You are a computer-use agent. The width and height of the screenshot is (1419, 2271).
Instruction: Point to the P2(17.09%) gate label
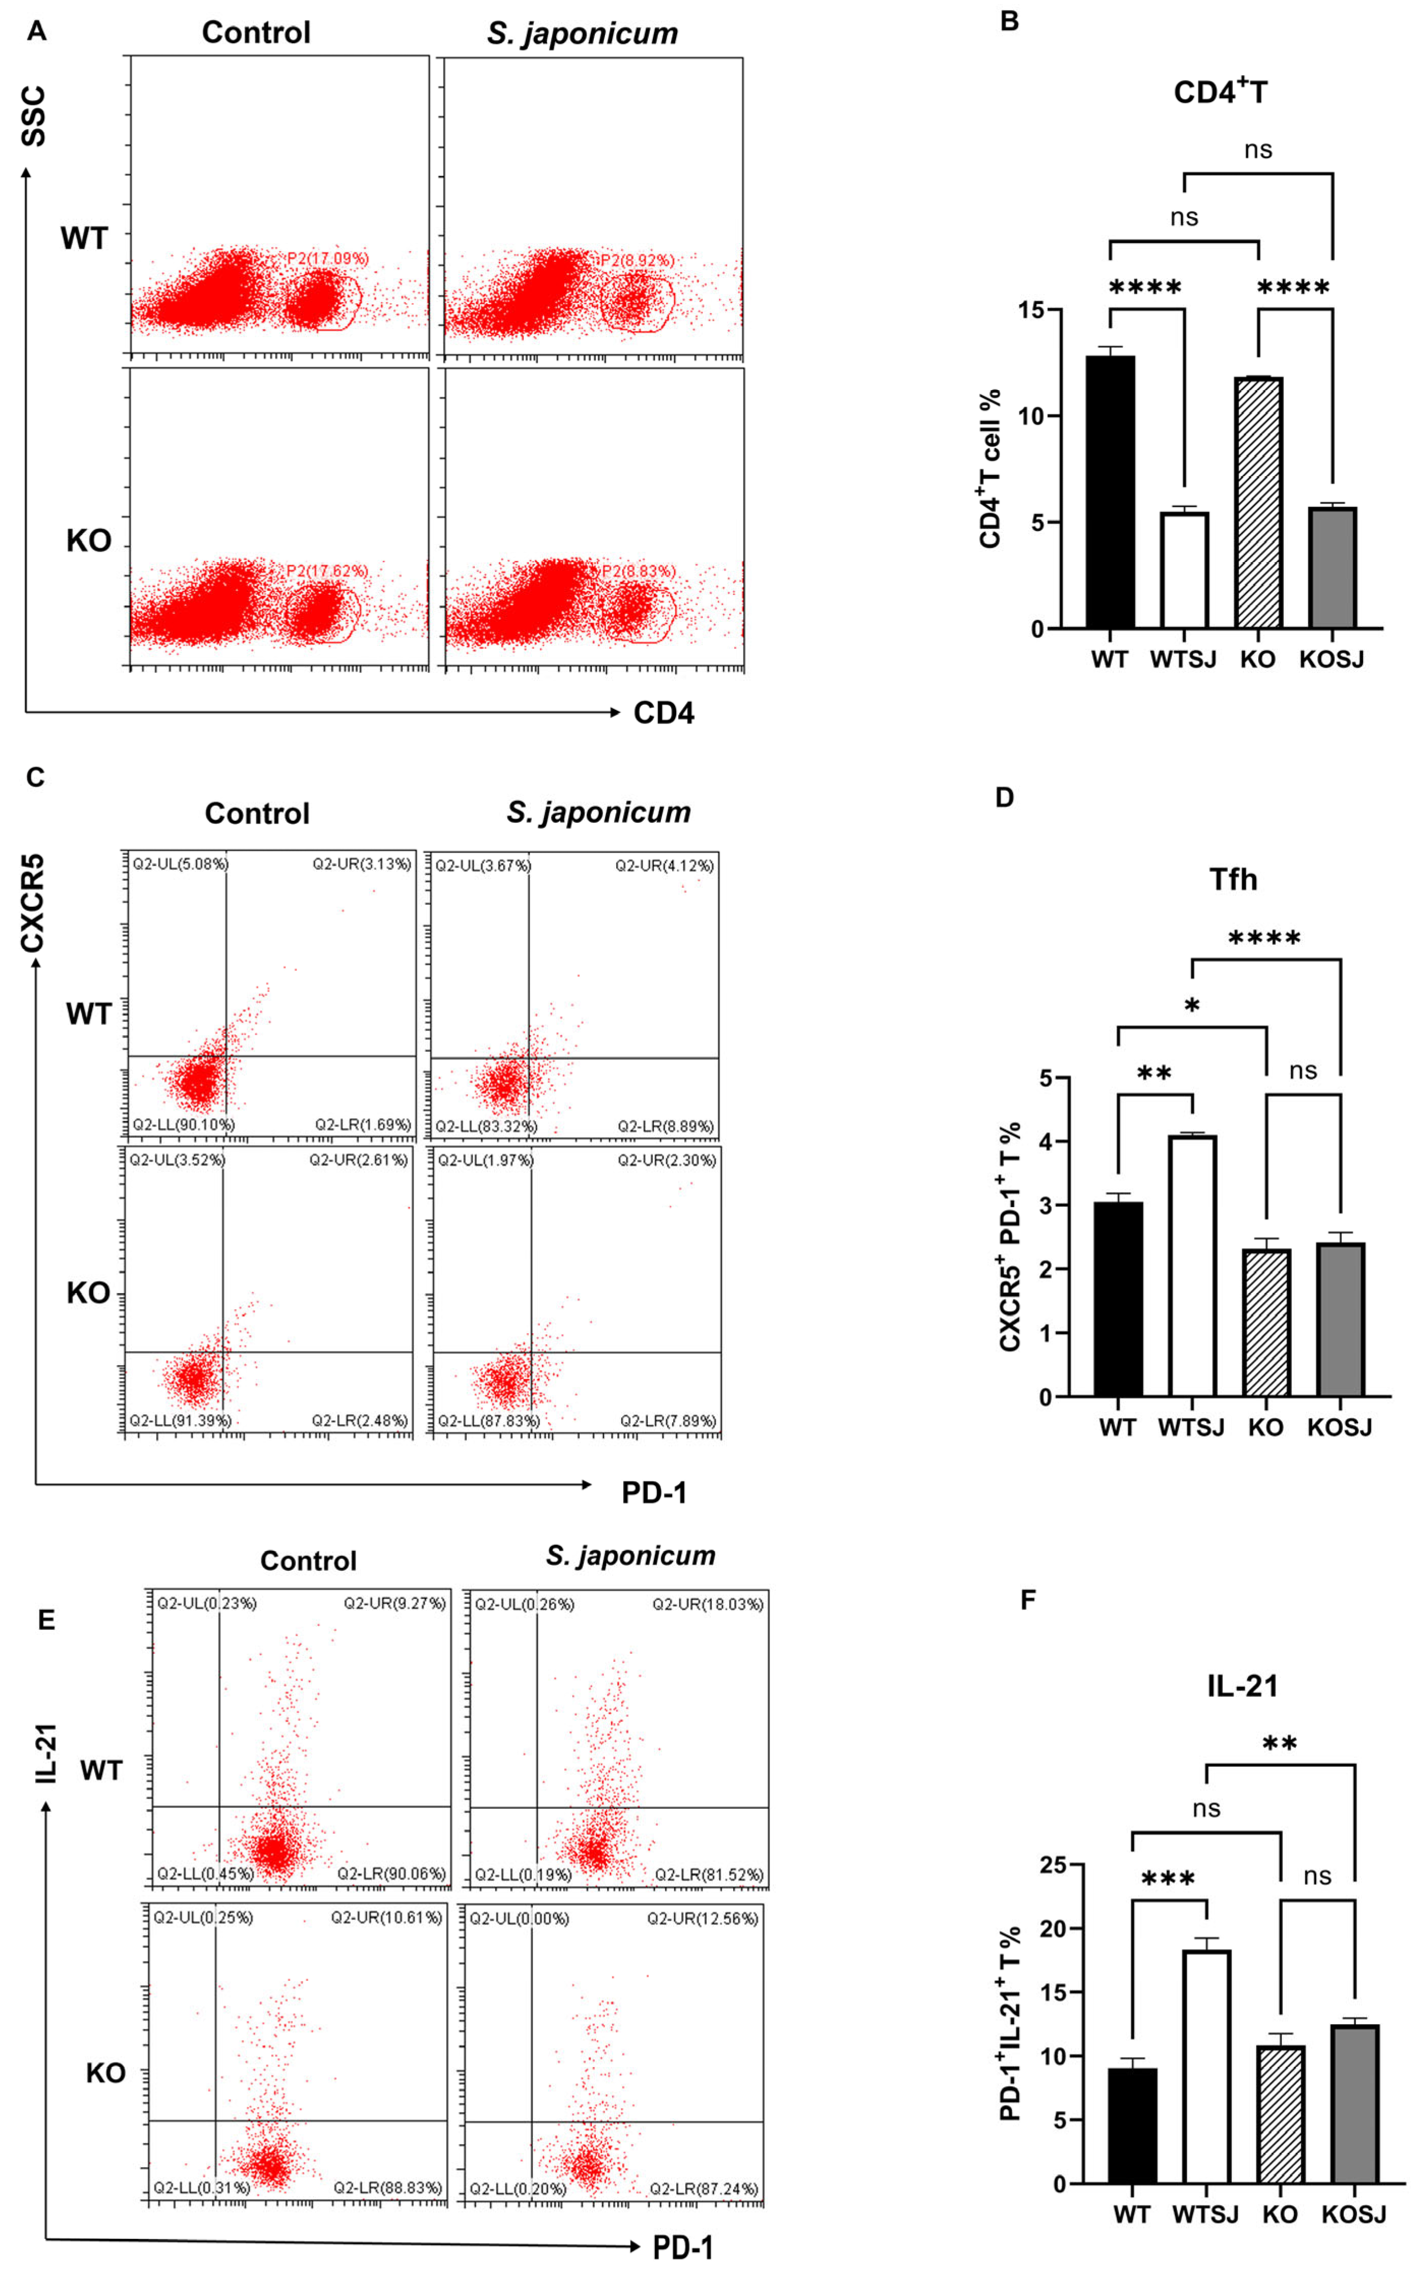coord(327,258)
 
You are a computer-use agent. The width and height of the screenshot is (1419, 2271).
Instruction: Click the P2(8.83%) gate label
coord(638,571)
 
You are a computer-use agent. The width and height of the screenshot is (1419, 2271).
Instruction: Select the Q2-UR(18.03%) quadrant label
coord(708,1604)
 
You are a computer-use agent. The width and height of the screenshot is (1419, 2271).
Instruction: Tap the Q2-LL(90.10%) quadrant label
coord(183,1124)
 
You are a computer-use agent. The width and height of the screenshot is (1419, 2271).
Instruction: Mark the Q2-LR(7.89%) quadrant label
coord(667,1421)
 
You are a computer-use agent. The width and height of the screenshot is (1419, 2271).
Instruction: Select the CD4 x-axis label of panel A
coord(663,713)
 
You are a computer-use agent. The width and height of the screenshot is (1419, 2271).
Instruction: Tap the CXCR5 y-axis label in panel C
coord(33,902)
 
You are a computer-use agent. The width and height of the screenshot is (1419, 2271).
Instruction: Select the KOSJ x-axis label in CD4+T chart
coord(1331,660)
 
